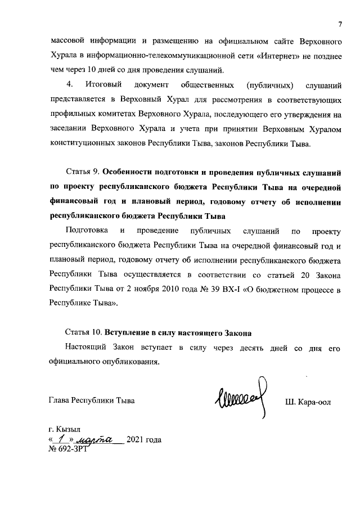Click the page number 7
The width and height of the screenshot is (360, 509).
point(340,24)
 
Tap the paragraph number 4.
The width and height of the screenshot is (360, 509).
point(70,85)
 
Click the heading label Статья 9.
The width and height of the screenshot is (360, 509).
point(85,172)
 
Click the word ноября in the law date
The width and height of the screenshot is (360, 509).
point(172,290)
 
